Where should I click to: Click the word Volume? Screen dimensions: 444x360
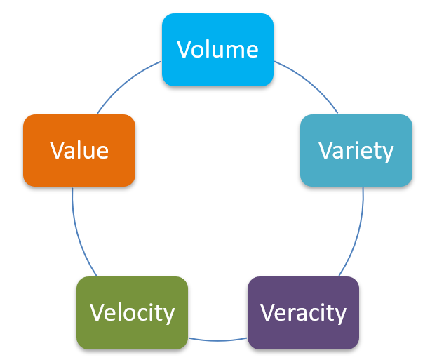pyautogui.click(x=217, y=49)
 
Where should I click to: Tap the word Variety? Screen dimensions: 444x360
pyautogui.click(x=356, y=151)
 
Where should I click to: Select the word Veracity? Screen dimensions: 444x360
pyautogui.click(x=303, y=313)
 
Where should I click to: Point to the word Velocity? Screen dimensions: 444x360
pyautogui.click(x=133, y=313)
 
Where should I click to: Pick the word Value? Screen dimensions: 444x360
pyautogui.click(x=79, y=150)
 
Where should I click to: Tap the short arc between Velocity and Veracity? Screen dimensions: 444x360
pyautogui.click(x=217, y=340)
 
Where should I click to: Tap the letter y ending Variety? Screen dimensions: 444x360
pyautogui.click(x=387, y=154)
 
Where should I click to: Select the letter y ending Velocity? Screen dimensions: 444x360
pyautogui.click(x=168, y=316)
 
